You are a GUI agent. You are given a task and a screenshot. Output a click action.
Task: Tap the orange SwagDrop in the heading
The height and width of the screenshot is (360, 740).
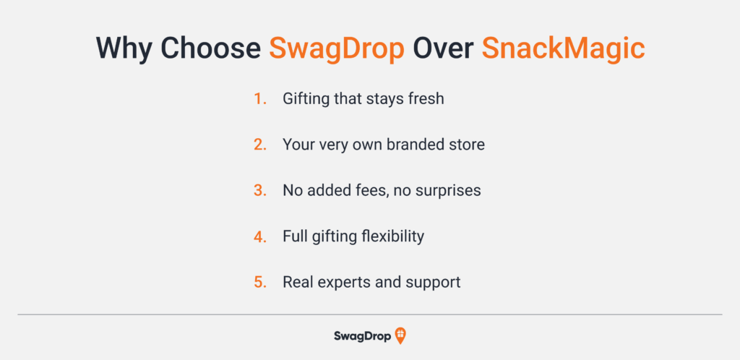(337, 48)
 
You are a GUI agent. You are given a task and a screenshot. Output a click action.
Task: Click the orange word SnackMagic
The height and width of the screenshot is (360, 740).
(563, 48)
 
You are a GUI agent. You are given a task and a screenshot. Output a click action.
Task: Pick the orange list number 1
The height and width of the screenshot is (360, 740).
(260, 99)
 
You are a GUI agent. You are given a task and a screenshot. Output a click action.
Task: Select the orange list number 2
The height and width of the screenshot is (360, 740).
(260, 145)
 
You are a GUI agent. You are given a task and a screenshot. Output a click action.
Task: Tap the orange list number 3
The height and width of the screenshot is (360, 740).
(260, 190)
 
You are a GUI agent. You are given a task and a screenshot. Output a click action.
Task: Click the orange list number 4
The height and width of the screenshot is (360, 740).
(260, 236)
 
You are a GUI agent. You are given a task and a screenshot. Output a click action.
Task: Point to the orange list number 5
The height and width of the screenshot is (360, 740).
(260, 282)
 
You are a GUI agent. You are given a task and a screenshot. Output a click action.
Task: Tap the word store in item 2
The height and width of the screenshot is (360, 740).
(465, 145)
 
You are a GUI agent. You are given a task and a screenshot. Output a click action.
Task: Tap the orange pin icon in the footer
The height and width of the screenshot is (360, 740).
(400, 336)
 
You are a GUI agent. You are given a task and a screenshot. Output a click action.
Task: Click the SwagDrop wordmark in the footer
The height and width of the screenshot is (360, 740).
(363, 336)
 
